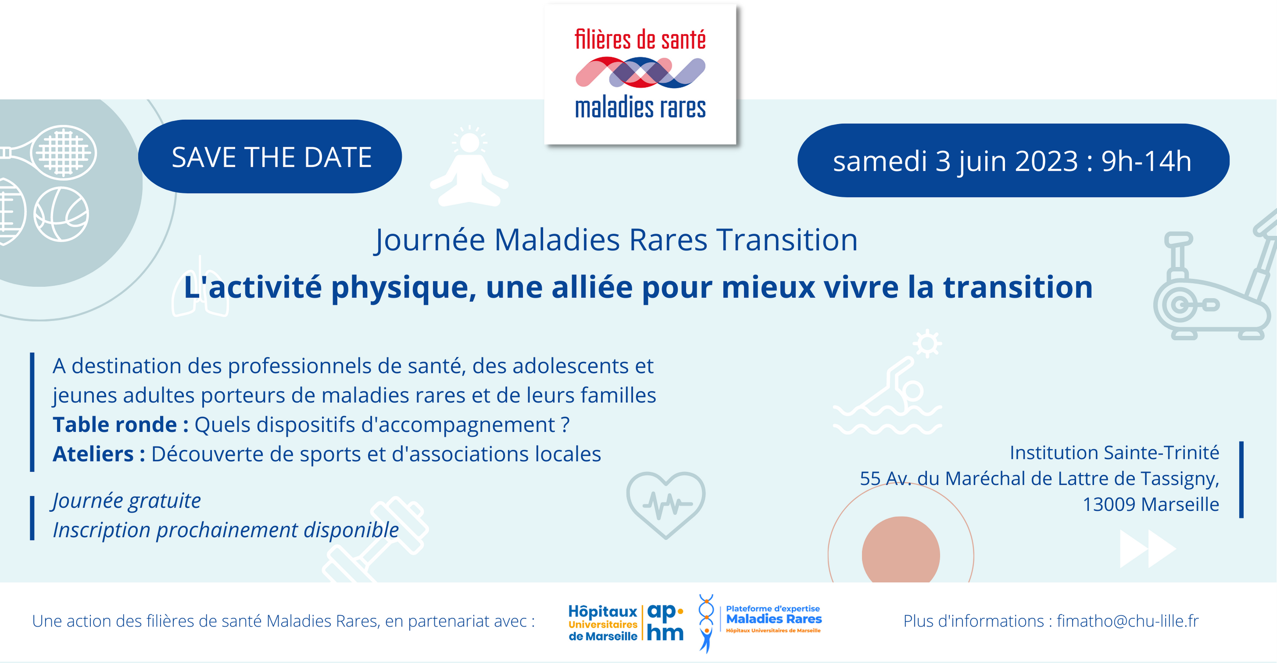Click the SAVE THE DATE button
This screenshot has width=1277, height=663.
(270, 157)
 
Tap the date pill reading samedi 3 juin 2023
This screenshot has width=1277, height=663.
(1013, 161)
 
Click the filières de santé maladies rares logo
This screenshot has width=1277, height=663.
(640, 74)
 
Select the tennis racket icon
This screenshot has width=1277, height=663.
(50, 152)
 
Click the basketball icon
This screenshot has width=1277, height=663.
(61, 214)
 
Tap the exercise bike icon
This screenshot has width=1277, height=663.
(1215, 277)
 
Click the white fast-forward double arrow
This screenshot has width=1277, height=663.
(1147, 549)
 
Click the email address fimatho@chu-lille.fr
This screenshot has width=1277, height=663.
(1128, 621)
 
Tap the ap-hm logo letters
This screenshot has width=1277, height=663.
(665, 622)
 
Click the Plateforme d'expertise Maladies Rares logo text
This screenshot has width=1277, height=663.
(774, 619)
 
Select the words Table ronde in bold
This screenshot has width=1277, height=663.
(115, 425)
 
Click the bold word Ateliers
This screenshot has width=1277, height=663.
(93, 454)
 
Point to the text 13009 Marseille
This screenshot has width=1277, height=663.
(1151, 505)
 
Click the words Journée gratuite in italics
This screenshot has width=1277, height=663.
(127, 501)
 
